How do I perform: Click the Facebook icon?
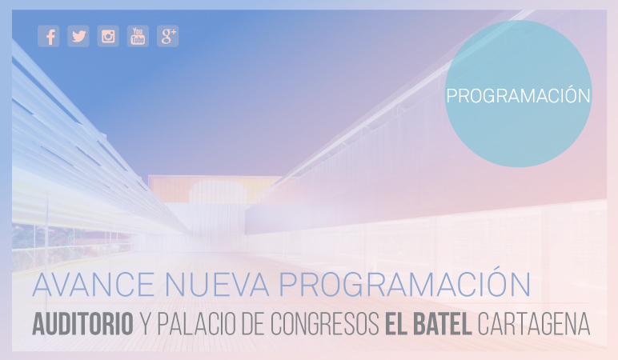49,36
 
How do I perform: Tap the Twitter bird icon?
78,36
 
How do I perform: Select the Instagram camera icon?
108,36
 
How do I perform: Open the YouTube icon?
138,36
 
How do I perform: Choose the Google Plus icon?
168,36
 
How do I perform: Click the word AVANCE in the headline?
94,285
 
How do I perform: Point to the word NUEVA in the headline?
217,285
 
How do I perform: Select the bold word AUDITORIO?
82,324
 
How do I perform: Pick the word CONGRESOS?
325,324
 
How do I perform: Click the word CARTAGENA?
534,324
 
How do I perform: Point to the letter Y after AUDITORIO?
146,324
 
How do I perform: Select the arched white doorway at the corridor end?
218,192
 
